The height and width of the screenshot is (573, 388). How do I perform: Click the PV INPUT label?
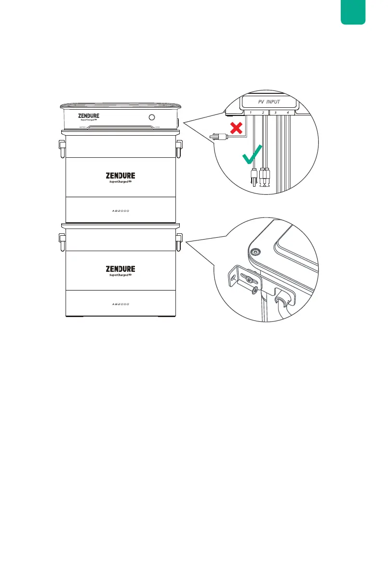click(268, 102)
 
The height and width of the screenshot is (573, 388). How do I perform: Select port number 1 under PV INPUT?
click(250, 113)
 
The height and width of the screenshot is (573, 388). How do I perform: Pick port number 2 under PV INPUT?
click(263, 113)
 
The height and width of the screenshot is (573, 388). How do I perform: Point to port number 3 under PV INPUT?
click(275, 113)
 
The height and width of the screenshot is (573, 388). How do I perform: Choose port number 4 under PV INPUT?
click(288, 113)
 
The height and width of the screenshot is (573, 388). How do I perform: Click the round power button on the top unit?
click(152, 117)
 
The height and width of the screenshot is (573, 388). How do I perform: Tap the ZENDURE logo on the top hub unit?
click(88, 116)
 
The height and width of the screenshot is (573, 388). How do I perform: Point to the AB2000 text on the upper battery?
click(120, 210)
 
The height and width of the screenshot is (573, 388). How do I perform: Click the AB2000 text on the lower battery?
click(120, 304)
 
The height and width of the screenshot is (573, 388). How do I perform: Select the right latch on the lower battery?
click(179, 242)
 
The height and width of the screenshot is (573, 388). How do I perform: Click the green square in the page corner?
click(353, 13)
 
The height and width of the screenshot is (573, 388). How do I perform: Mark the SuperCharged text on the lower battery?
click(120, 276)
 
